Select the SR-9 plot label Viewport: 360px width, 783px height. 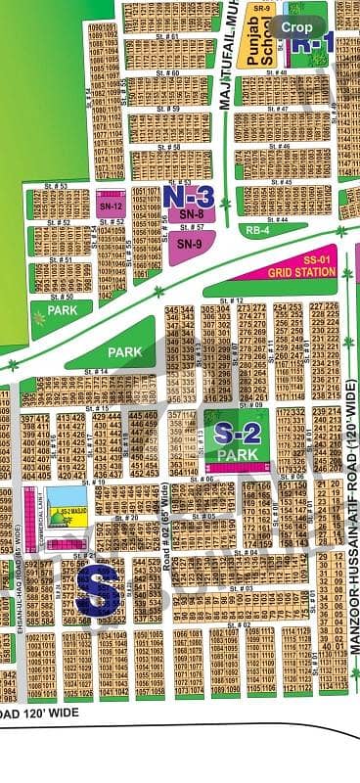point(261,8)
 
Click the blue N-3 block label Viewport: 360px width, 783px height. point(189,196)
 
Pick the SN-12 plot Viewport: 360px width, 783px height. point(110,207)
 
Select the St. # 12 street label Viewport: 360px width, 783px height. point(234,299)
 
